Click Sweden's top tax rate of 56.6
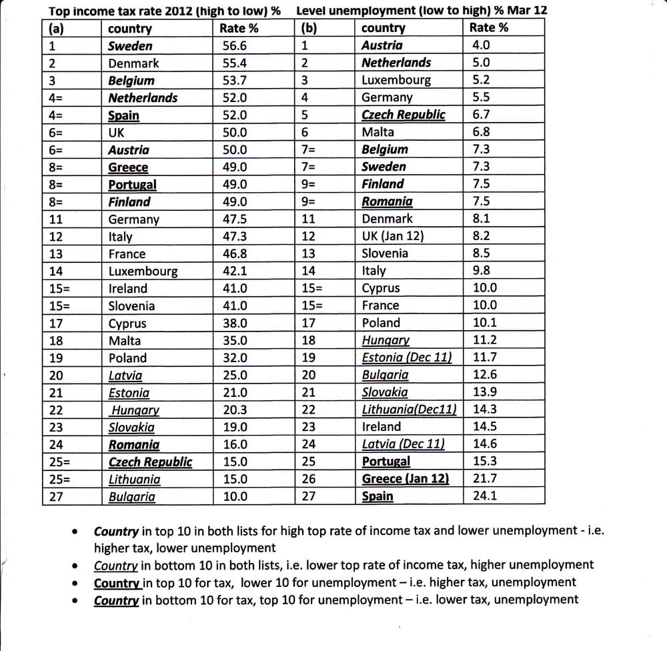point(234,46)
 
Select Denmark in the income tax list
point(133,63)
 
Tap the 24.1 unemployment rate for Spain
point(485,496)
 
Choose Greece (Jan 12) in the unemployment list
point(405,479)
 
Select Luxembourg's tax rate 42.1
point(234,271)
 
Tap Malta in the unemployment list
point(378,132)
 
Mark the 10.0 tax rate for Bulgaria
point(234,496)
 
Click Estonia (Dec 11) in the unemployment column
point(406,358)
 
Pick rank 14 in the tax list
point(56,271)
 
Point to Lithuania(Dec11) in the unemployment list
point(409,410)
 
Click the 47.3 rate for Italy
point(234,237)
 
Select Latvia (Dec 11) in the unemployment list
point(403,444)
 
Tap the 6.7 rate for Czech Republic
point(481,115)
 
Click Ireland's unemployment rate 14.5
point(484,427)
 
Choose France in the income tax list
point(127,254)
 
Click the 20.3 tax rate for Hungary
point(234,410)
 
